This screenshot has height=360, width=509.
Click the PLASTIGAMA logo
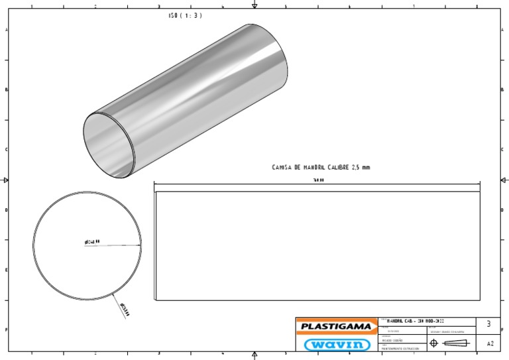336,326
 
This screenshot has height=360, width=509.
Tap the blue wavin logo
336,343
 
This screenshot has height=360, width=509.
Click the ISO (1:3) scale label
186,15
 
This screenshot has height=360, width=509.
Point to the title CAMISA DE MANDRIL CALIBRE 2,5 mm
321,168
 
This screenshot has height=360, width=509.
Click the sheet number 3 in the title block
488,324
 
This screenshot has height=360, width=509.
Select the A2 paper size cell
489,344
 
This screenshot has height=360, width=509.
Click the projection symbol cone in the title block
455,343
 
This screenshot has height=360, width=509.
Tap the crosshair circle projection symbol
433,343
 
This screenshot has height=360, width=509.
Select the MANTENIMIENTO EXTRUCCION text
400,347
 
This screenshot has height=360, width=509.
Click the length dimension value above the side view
319,180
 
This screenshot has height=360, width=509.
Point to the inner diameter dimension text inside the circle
92,242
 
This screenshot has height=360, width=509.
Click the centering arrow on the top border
254,5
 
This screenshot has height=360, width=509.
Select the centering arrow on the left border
5,180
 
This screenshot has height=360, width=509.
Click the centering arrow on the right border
504,180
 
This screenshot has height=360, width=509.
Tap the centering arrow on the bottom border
254,355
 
